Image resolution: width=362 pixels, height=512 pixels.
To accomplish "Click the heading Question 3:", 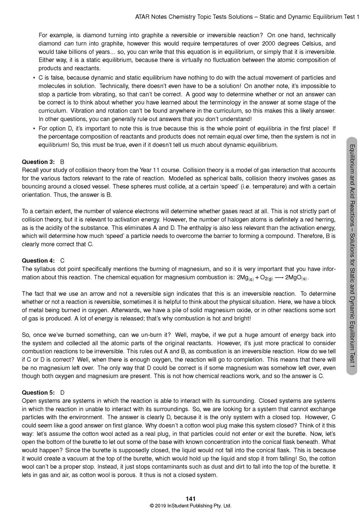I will pos(39,162).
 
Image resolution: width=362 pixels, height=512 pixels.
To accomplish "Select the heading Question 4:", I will pos(39,260).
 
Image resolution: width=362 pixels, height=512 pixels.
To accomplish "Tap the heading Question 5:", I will pos(39,392).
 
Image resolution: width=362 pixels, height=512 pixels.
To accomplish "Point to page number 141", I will pos(190,498).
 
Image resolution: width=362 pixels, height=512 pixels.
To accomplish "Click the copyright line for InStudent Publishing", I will pos(190,506).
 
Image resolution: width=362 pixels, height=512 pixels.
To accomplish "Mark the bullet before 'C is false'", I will pos(34,78).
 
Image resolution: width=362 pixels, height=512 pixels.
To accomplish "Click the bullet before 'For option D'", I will pos(34,128).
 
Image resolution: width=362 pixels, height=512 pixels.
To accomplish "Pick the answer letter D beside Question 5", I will pos(62,392).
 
